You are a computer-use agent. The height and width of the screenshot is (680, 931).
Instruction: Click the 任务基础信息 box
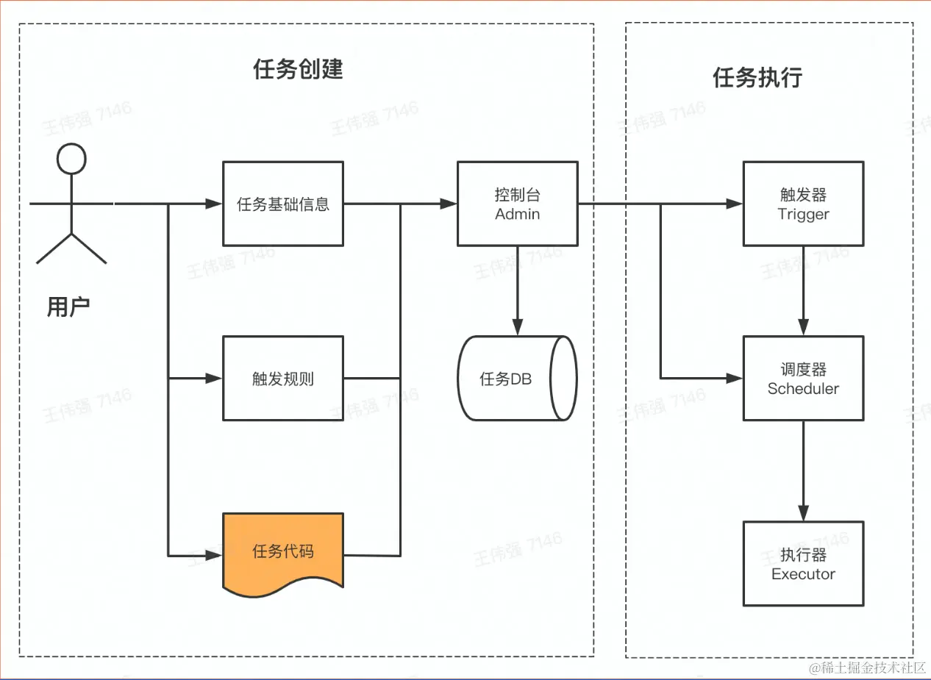coord(283,204)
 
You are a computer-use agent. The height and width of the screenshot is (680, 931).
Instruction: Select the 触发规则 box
coord(283,379)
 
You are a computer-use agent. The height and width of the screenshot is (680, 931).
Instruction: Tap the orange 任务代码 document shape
coord(283,551)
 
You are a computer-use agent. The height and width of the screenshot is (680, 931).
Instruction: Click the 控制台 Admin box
coord(518,204)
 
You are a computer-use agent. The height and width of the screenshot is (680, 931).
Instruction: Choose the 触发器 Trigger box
coord(803,204)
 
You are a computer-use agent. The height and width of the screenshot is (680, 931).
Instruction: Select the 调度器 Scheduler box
coord(803,379)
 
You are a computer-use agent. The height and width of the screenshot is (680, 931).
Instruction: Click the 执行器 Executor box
coord(803,564)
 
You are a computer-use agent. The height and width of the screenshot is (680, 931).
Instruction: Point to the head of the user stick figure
coord(71,159)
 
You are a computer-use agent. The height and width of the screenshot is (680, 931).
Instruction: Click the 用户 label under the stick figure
coord(68,307)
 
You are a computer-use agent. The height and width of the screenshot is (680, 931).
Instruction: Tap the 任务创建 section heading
coord(298,70)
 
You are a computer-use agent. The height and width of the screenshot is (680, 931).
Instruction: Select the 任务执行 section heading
coord(757,77)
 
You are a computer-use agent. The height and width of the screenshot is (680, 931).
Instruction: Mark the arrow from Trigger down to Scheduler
coord(803,290)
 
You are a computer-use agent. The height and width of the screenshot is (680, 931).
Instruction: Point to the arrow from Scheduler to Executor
coord(803,470)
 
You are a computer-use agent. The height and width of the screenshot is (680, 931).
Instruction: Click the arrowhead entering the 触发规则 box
coord(214,379)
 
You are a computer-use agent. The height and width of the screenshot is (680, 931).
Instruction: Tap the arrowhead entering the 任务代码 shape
coord(214,554)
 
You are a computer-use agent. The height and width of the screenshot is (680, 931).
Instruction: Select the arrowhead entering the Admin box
coord(448,204)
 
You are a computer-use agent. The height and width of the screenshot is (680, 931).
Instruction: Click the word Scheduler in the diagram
coord(803,389)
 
